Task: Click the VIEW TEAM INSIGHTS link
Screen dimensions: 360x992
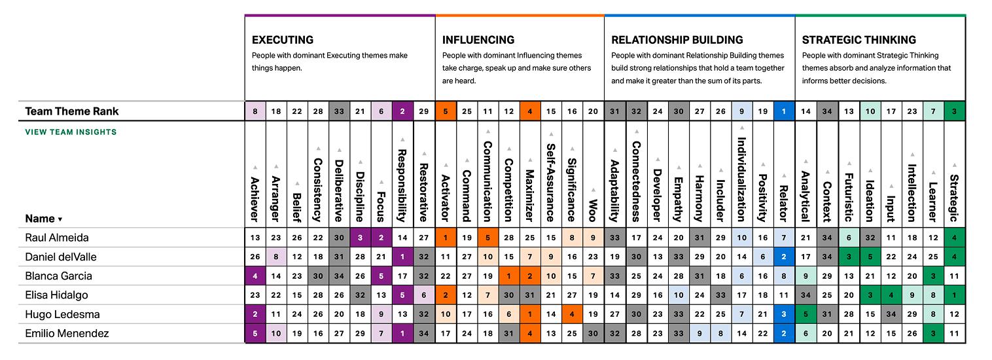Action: (71, 132)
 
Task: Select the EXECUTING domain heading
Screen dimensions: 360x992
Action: (282, 40)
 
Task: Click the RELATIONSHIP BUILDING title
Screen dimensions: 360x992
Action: (677, 40)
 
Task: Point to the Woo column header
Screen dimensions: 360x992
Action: (592, 211)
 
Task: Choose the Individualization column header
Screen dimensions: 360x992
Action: (741, 179)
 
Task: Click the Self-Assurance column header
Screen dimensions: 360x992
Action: (551, 183)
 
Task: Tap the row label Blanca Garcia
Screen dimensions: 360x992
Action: (58, 276)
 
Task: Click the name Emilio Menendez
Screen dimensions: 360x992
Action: (67, 334)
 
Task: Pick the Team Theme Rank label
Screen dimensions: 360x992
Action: (72, 111)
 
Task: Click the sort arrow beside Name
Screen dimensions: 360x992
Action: (61, 220)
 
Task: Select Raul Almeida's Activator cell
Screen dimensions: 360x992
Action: (446, 238)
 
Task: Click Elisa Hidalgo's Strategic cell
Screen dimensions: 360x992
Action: (954, 295)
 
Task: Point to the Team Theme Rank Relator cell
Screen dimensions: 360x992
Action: (784, 111)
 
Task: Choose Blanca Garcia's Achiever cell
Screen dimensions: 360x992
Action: (255, 276)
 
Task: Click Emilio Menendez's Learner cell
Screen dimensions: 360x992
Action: (933, 334)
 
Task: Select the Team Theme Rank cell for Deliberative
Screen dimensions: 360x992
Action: (339, 111)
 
